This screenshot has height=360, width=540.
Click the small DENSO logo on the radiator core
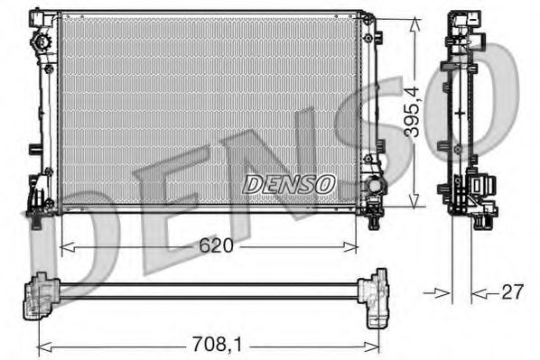pos(289,183)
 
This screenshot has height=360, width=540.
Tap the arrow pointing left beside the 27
pos(479,291)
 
